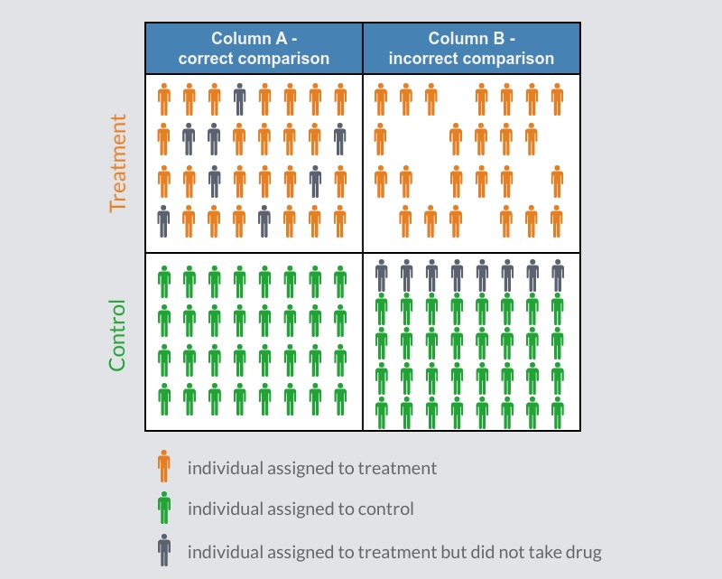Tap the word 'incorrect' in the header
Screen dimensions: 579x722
click(423, 59)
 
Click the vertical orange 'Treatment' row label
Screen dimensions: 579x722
click(118, 163)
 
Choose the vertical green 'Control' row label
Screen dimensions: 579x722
click(118, 335)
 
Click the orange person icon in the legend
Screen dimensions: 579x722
click(163, 467)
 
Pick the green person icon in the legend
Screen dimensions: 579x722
click(163, 509)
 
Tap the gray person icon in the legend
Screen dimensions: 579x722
click(163, 549)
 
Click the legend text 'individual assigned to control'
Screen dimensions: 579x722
click(301, 509)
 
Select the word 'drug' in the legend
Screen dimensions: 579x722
click(583, 550)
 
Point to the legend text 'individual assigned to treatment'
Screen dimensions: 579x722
click(311, 468)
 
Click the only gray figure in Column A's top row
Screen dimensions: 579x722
click(239, 98)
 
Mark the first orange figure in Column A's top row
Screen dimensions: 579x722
click(163, 98)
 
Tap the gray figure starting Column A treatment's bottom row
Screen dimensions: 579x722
click(163, 221)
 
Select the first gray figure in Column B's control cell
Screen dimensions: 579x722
click(381, 275)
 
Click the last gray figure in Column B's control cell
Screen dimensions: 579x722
click(558, 275)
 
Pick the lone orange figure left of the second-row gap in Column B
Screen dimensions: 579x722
click(381, 140)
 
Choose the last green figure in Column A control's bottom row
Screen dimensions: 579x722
click(340, 398)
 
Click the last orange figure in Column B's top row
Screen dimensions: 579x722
click(558, 98)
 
